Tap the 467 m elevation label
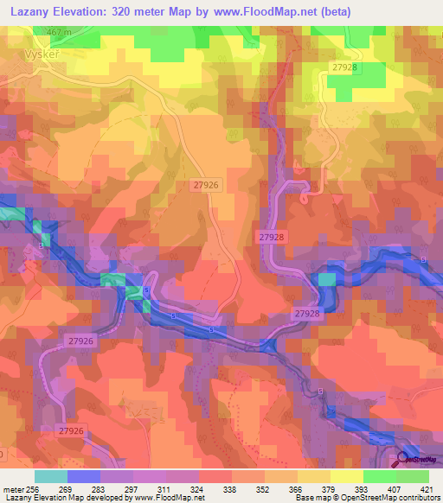pos(57,32)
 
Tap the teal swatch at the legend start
pos(50,475)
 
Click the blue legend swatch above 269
pos(83,475)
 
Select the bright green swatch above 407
pos(379,475)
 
